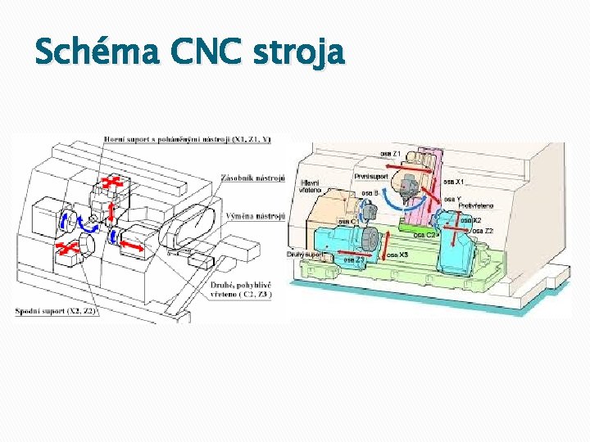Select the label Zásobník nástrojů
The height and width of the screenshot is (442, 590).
tap(252, 178)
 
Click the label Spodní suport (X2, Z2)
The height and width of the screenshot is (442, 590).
tap(57, 311)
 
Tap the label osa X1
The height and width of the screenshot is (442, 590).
tap(455, 181)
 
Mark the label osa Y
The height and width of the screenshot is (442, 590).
tap(454, 198)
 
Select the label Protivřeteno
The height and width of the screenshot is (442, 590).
tap(476, 205)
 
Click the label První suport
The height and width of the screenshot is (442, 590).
tap(371, 176)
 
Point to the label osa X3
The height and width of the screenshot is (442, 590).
tap(397, 255)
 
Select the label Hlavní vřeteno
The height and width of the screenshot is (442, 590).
tap(312, 186)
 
